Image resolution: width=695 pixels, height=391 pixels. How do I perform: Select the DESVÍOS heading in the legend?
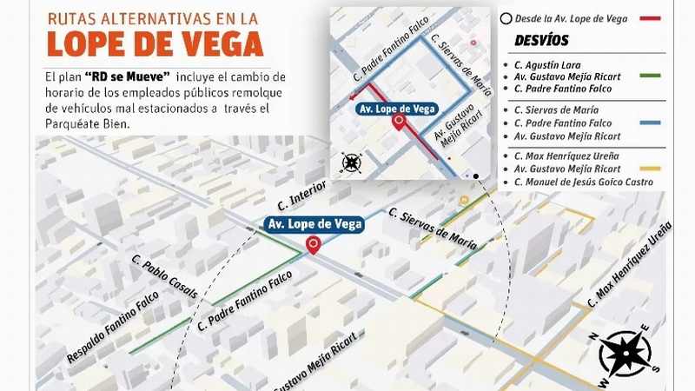pyautogui.click(x=541, y=41)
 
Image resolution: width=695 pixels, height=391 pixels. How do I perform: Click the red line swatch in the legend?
pyautogui.click(x=649, y=17)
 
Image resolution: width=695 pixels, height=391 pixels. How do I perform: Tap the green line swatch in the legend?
pyautogui.click(x=649, y=77)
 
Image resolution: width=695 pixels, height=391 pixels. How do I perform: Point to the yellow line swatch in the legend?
pyautogui.click(x=649, y=169)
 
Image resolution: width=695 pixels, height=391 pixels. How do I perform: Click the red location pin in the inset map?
pyautogui.click(x=399, y=123)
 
